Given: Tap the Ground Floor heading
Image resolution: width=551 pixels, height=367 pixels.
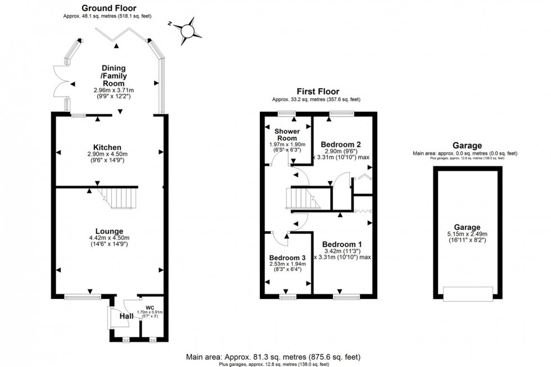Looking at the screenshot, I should pos(109,8).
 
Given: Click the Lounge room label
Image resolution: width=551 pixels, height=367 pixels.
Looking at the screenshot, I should pos(109,231).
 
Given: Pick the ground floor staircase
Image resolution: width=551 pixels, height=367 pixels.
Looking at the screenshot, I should pos(122,198).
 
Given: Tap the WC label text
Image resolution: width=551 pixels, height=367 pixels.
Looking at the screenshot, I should pos(150,307).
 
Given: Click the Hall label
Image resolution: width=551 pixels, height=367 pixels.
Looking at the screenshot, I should pos(125,319).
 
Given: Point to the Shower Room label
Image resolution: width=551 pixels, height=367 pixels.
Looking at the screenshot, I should pos(286,134).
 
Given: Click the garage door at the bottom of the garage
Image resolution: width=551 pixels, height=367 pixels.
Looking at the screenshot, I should pos(468,293).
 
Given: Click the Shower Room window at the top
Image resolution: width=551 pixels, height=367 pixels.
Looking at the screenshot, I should pos(287,114).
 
